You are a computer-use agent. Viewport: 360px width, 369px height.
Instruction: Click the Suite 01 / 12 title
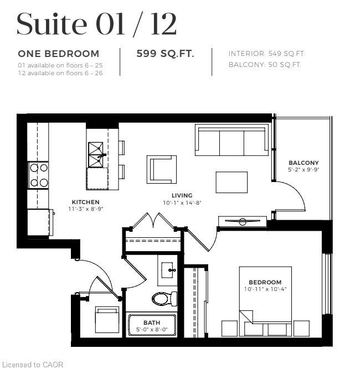click(x=96, y=24)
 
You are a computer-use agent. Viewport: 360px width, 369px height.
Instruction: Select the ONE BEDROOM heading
click(x=59, y=54)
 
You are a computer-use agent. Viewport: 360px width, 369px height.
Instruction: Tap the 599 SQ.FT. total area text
click(x=166, y=54)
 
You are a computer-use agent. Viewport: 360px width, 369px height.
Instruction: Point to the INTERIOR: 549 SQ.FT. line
click(x=266, y=54)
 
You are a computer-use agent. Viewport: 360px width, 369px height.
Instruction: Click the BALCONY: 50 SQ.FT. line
click(x=264, y=65)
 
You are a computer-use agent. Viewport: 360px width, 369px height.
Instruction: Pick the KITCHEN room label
click(x=85, y=202)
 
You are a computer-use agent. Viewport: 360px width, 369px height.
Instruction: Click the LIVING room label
click(x=182, y=195)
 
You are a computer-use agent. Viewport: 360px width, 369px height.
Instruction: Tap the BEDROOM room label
click(x=265, y=282)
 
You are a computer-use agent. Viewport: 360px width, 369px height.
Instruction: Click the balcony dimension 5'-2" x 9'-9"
click(x=304, y=170)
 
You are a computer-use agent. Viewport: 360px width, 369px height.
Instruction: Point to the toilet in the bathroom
click(x=163, y=299)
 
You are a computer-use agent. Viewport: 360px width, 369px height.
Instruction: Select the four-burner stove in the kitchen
click(x=39, y=175)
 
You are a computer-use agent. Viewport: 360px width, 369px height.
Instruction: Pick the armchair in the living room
click(x=162, y=168)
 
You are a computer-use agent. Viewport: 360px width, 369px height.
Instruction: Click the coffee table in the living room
click(x=232, y=181)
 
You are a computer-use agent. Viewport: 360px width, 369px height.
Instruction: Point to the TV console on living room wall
click(x=243, y=222)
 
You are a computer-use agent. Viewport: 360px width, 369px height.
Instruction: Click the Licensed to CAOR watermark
click(x=33, y=364)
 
